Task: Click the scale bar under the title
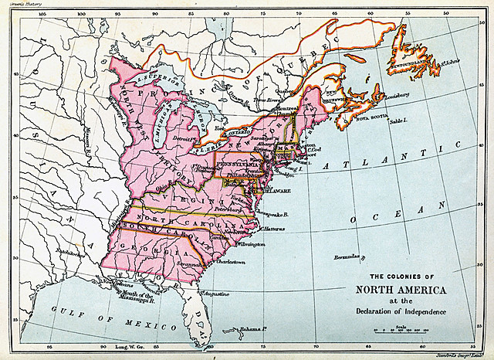pos(401,331)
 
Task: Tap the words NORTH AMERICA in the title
pos(401,290)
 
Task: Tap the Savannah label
pos(189,264)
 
